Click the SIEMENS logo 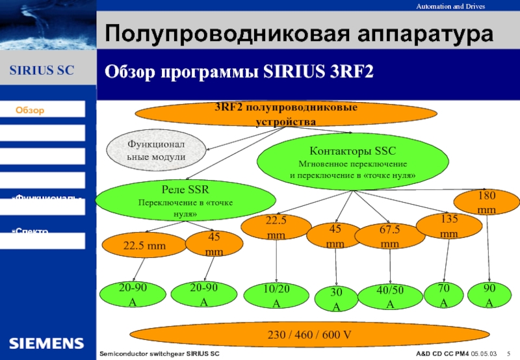pos(46,342)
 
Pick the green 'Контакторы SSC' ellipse pos(352,162)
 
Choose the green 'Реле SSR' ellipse pos(176,202)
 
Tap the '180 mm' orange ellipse pos(487,202)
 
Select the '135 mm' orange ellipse pos(449,225)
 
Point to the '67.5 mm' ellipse pos(390,237)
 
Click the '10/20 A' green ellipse pos(276,296)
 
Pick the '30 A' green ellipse pos(336,300)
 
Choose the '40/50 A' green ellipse pos(390,297)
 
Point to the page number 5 pos(508,353)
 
